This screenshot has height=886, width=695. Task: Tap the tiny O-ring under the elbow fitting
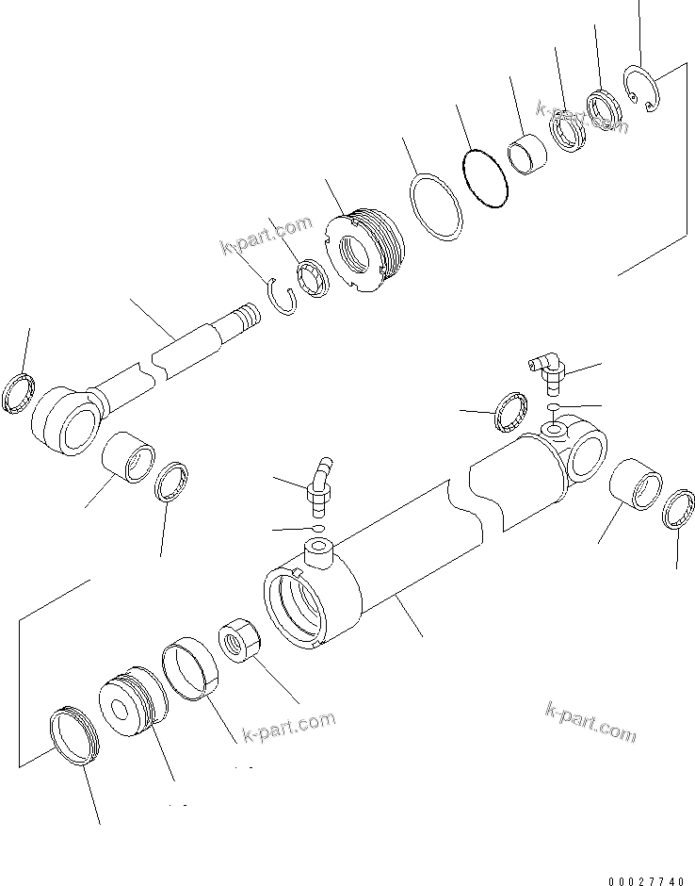[555, 407]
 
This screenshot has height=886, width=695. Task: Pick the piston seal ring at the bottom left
[73, 735]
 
